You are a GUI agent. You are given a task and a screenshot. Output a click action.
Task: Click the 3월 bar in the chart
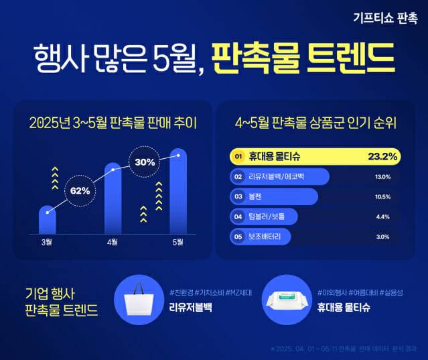tap(47, 220)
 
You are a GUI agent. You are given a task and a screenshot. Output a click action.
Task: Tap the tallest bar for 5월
tap(178, 191)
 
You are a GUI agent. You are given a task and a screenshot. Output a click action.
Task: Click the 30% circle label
tap(145, 162)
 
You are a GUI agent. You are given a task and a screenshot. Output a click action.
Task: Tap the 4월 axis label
tap(113, 241)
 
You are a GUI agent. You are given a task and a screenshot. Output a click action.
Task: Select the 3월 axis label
tap(47, 241)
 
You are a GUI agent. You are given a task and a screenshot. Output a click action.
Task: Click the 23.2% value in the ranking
tap(382, 157)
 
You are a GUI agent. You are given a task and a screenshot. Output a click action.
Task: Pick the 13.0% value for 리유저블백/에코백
tap(382, 177)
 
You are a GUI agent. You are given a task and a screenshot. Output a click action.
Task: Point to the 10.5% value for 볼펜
tap(382, 197)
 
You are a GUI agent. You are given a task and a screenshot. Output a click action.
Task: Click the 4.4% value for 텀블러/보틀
tap(383, 217)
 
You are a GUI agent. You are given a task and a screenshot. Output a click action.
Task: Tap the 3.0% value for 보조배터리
tap(383, 237)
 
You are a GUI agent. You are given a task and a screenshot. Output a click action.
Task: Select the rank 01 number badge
tap(236, 157)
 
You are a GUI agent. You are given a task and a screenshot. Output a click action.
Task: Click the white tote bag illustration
tap(141, 302)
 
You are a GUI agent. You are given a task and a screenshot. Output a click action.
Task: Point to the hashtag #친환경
tap(184, 293)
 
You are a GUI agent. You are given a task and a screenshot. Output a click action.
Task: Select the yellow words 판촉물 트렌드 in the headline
tap(303, 59)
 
